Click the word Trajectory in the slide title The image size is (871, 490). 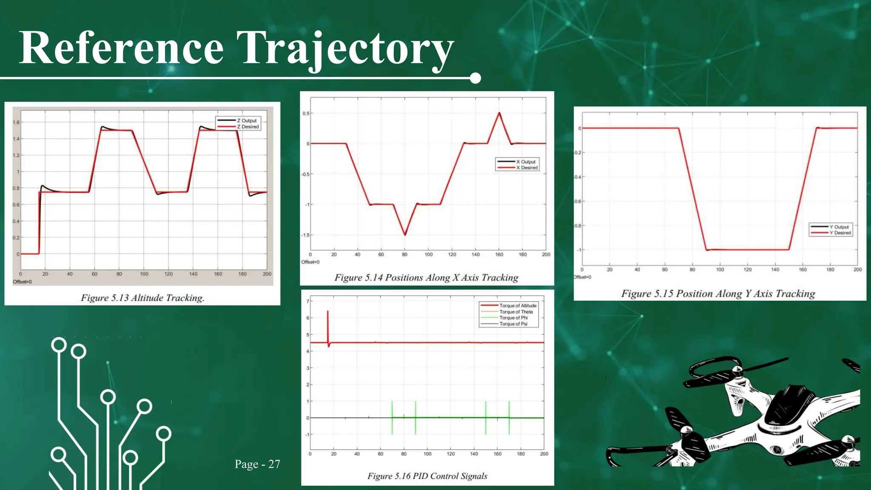(345, 49)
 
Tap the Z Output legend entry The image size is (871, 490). (247, 120)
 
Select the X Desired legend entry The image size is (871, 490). (527, 168)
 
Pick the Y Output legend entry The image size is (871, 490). (839, 227)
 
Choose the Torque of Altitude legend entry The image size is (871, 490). (518, 305)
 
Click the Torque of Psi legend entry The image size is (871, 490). (513, 324)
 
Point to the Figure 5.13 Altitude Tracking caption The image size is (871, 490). (142, 298)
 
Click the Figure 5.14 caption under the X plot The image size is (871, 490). (426, 278)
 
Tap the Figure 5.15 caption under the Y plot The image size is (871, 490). (718, 293)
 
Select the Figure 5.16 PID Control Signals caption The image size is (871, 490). (427, 476)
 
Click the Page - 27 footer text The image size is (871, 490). (257, 464)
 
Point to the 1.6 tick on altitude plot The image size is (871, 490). (16, 122)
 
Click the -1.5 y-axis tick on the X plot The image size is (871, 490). (305, 235)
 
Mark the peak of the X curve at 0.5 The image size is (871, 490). (499, 113)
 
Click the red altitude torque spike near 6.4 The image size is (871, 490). (328, 312)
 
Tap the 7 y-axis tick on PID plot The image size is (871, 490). (307, 301)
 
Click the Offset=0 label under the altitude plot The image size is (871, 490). (22, 282)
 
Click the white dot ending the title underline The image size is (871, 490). (475, 78)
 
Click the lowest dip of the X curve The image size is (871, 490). (405, 235)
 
